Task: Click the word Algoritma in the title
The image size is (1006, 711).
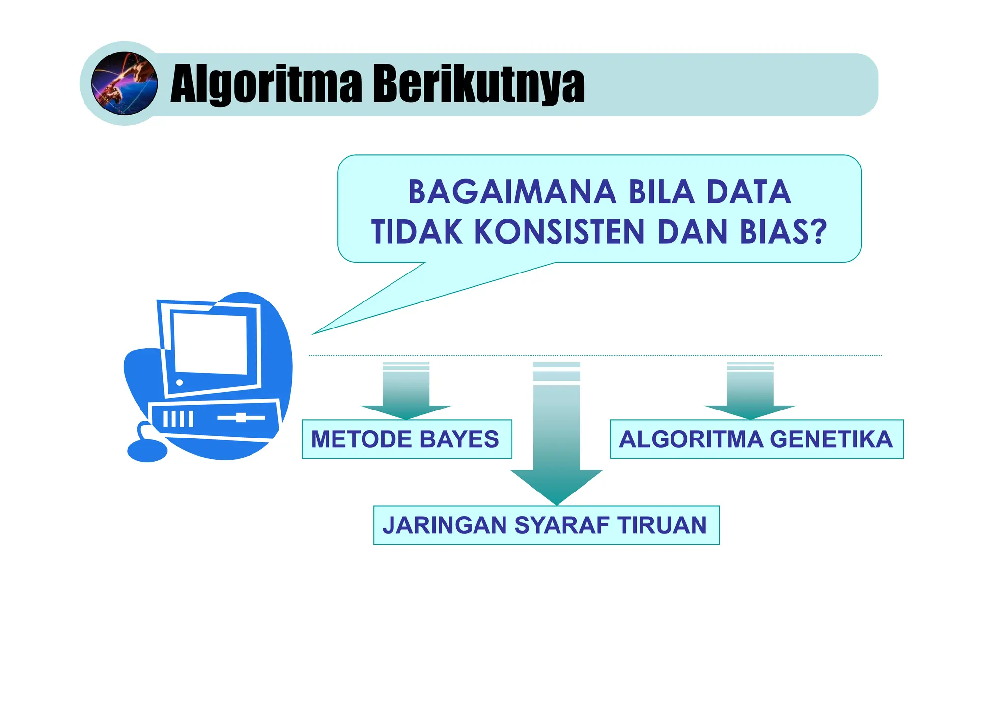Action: click(x=266, y=84)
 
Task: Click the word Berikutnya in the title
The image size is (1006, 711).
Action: click(x=478, y=84)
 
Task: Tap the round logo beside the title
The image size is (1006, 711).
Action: click(x=125, y=83)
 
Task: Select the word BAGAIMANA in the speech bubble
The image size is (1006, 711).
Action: click(x=512, y=192)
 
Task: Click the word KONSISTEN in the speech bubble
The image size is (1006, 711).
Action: click(x=559, y=232)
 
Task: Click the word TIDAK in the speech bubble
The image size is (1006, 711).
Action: click(x=417, y=232)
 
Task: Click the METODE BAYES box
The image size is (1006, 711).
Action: click(x=406, y=439)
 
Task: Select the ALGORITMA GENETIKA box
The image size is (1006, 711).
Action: click(x=756, y=439)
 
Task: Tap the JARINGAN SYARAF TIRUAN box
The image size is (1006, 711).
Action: click(x=546, y=525)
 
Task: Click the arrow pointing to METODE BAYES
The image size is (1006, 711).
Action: click(x=406, y=393)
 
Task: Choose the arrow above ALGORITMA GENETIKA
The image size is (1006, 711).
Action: click(x=750, y=393)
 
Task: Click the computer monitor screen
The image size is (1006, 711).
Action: click(x=210, y=343)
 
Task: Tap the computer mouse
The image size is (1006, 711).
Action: click(x=147, y=450)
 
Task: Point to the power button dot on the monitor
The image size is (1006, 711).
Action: click(x=179, y=383)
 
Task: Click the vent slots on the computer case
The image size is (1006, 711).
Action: click(x=178, y=419)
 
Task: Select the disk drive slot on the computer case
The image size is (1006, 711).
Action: click(x=241, y=418)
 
